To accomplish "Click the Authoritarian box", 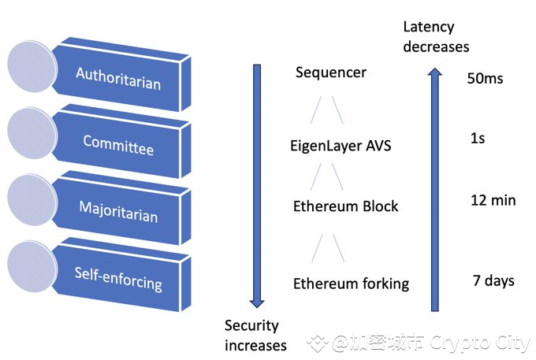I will pyautogui.click(x=118, y=76).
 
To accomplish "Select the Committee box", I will pyautogui.click(x=118, y=144).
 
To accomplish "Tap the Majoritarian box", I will pyautogui.click(x=118, y=210).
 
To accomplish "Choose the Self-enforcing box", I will pyautogui.click(x=118, y=276).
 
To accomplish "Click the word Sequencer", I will pyautogui.click(x=331, y=73).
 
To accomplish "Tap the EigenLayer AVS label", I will pyautogui.click(x=341, y=146).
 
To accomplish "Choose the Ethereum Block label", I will pyautogui.click(x=345, y=206).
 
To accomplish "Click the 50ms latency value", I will pyautogui.click(x=485, y=79).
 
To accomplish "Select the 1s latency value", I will pyautogui.click(x=477, y=138).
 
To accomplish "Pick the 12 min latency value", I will pyautogui.click(x=493, y=200).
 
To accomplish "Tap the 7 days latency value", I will pyautogui.click(x=493, y=280).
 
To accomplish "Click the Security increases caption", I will pyautogui.click(x=255, y=335).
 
